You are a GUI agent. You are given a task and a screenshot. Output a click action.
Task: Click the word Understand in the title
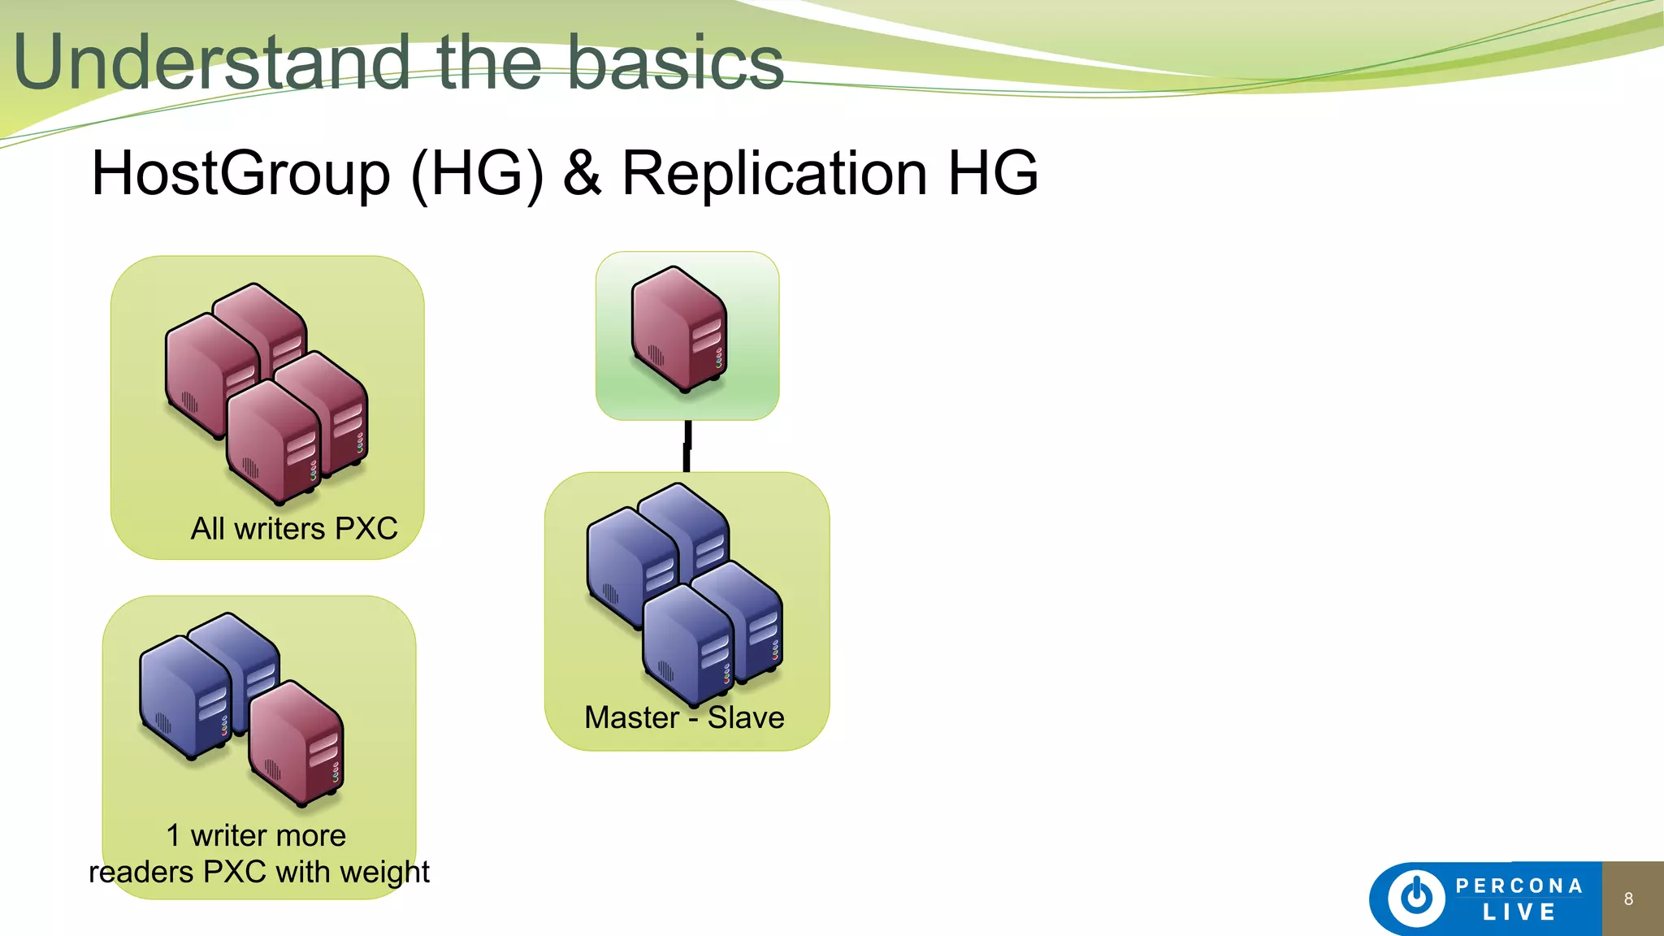click(211, 63)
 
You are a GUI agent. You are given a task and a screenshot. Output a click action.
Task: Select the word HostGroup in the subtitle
click(240, 174)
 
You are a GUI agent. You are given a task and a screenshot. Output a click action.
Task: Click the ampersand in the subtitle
click(583, 174)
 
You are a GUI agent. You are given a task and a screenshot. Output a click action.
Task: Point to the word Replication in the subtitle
click(773, 174)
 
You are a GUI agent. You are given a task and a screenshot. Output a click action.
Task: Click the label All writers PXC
click(294, 529)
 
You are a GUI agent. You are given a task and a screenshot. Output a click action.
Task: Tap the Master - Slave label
click(684, 717)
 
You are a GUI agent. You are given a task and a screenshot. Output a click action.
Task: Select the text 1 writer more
click(256, 835)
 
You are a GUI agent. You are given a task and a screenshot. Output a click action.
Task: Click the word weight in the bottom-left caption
click(385, 873)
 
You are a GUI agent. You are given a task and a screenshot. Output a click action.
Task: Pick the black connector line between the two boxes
click(687, 446)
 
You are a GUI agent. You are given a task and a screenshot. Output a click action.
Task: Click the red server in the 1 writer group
click(297, 743)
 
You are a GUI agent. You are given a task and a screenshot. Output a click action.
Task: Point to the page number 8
click(1628, 899)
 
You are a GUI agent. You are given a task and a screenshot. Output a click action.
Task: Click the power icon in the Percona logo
click(1416, 897)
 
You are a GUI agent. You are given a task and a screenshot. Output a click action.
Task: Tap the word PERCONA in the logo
click(1519, 886)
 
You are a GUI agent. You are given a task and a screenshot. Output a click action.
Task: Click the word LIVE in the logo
click(1519, 912)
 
